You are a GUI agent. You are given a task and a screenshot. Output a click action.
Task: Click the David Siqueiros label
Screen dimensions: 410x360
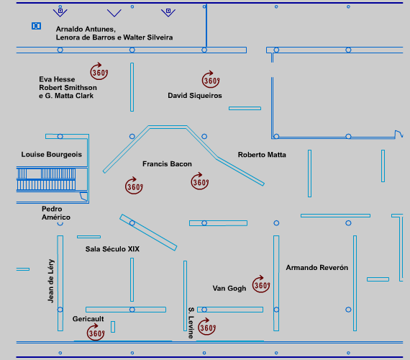click(x=195, y=96)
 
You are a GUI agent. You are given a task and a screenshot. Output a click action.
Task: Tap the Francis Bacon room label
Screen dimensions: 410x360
click(x=167, y=164)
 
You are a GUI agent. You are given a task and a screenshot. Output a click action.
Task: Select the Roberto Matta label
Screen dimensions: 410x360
click(x=262, y=155)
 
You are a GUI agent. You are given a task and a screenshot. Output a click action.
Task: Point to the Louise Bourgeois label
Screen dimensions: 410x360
click(x=52, y=155)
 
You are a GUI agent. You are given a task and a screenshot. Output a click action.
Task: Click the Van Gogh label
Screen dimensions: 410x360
click(x=229, y=289)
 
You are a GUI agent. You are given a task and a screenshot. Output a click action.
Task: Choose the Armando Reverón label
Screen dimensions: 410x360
click(x=317, y=268)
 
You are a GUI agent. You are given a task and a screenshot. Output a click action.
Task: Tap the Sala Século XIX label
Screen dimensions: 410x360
click(x=112, y=249)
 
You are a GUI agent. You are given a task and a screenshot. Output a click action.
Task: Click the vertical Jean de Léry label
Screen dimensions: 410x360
click(x=51, y=281)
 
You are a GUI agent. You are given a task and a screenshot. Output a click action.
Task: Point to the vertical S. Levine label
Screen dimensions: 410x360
click(x=191, y=323)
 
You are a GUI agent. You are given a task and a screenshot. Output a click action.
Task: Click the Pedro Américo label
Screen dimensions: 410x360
click(x=56, y=213)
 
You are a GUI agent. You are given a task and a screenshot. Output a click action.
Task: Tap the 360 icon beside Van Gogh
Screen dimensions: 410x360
click(x=261, y=284)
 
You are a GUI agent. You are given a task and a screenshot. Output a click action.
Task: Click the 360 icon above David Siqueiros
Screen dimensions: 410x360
click(x=211, y=79)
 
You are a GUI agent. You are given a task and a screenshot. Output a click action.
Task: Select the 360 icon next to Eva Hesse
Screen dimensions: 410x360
click(x=99, y=71)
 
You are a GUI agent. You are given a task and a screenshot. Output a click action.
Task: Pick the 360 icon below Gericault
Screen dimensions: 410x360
click(x=96, y=332)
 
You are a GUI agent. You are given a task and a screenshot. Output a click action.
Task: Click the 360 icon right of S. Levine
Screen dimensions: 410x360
click(x=207, y=326)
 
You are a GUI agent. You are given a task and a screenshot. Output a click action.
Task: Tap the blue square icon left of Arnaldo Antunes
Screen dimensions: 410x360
click(x=37, y=26)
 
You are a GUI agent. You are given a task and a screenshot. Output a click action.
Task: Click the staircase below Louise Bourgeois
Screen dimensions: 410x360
click(x=46, y=179)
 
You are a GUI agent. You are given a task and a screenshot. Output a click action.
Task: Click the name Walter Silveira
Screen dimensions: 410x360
click(x=148, y=37)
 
